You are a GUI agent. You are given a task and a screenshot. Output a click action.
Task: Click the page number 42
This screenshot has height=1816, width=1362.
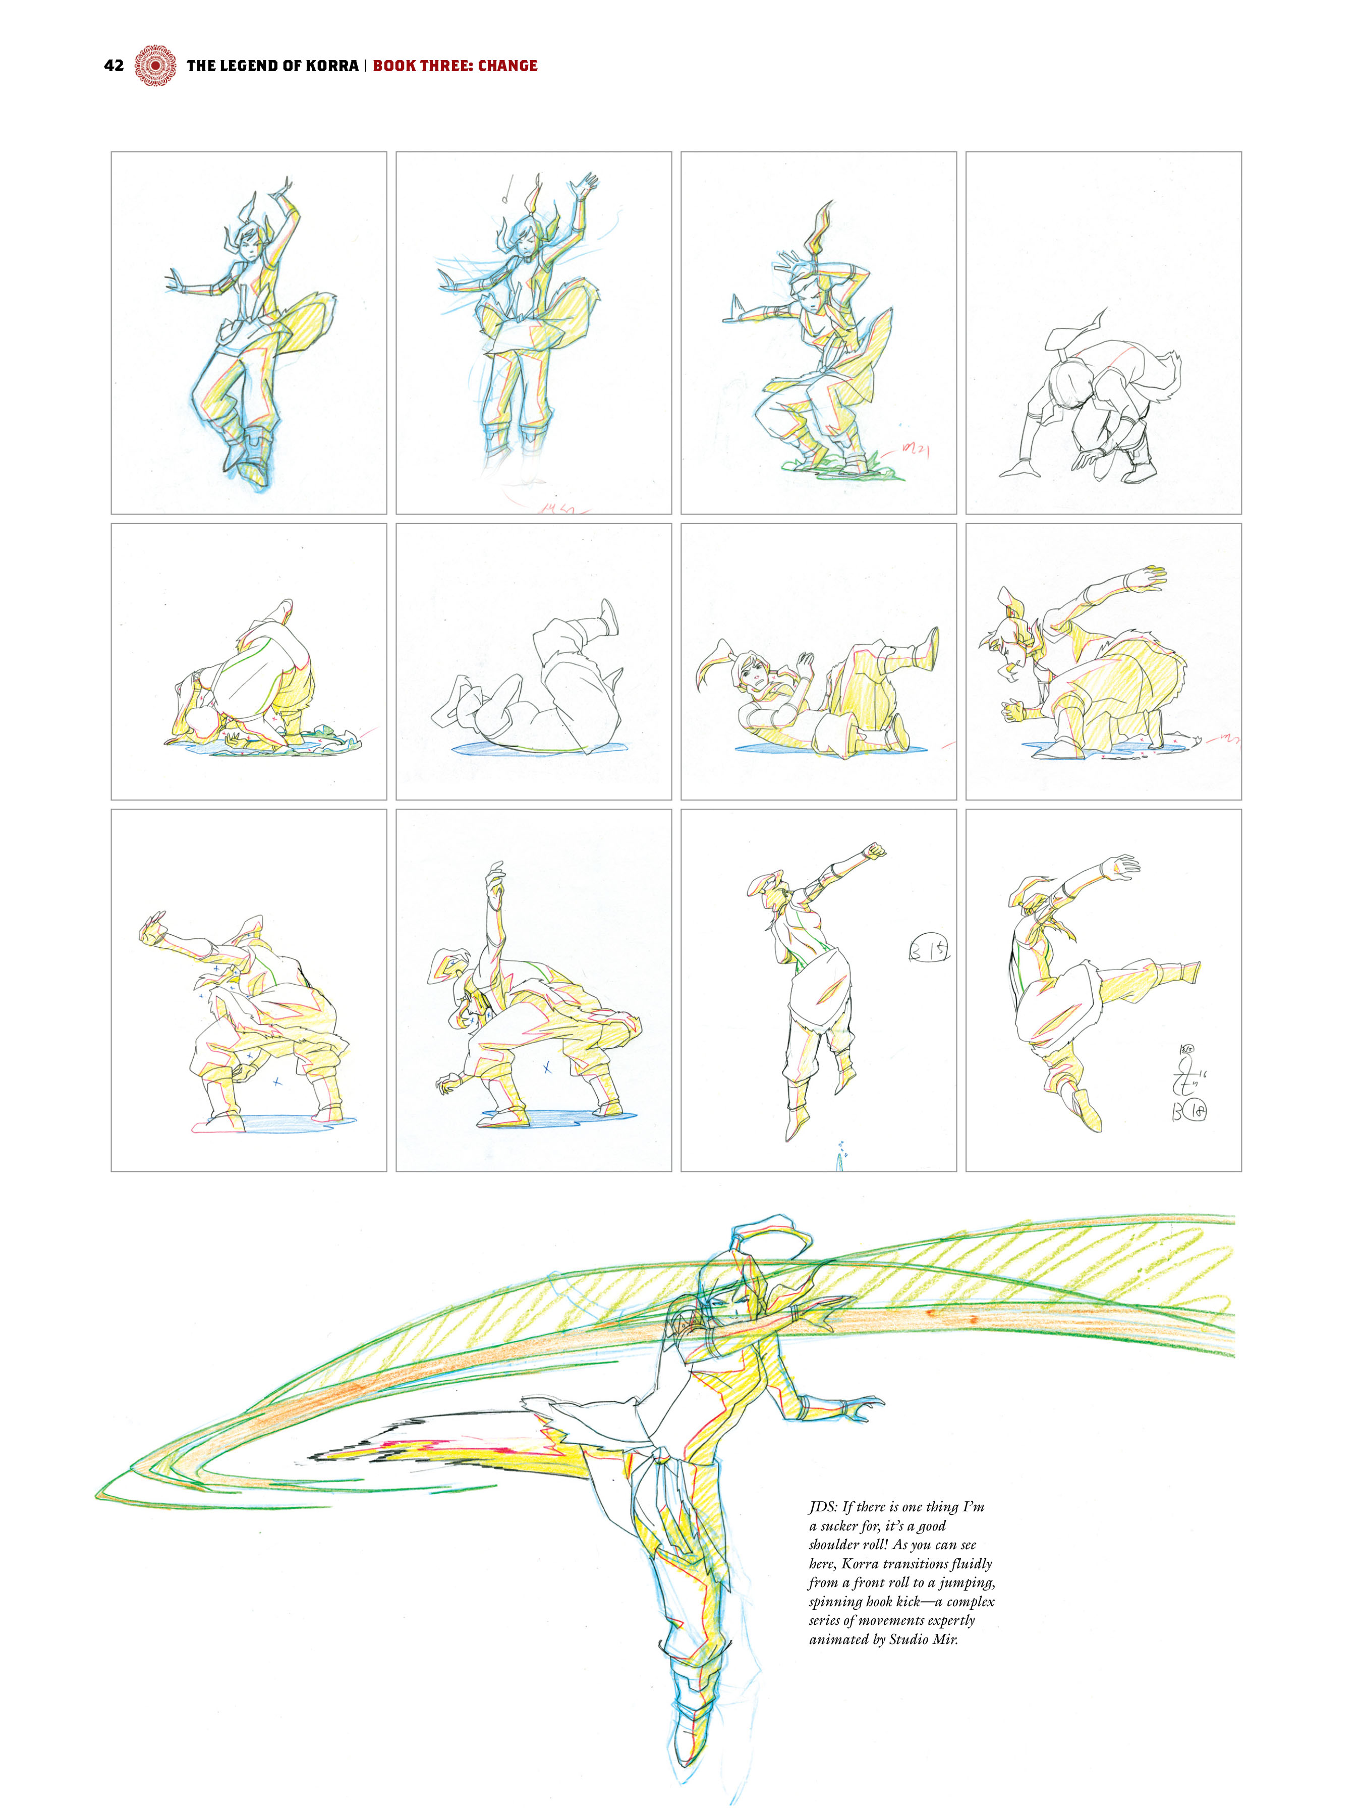(113, 66)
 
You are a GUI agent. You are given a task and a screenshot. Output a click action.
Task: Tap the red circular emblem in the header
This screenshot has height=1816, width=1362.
(155, 66)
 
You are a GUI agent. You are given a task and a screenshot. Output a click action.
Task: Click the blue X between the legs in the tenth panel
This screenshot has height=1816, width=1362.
(547, 1068)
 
